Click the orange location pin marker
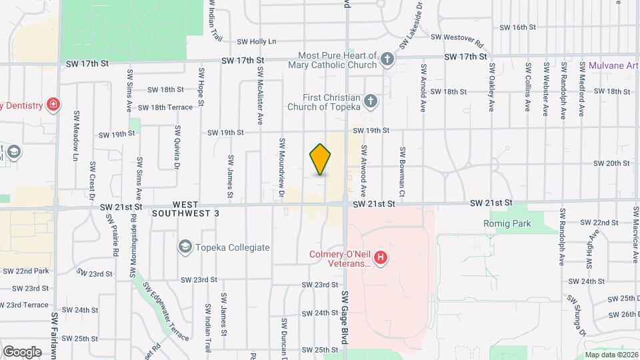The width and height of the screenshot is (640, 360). (321, 159)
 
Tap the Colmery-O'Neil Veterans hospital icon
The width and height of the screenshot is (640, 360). (380, 257)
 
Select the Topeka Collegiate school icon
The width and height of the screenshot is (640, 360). (185, 247)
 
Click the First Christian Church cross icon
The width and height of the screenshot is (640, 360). (371, 101)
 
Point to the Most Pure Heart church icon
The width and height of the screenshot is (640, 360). (386, 61)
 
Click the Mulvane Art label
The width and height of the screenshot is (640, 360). (613, 65)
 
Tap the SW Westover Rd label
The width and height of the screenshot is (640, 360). (456, 37)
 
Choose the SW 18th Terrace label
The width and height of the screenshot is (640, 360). (165, 107)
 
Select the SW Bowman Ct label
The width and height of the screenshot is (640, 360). (402, 167)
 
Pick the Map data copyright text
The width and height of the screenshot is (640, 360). (611, 355)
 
